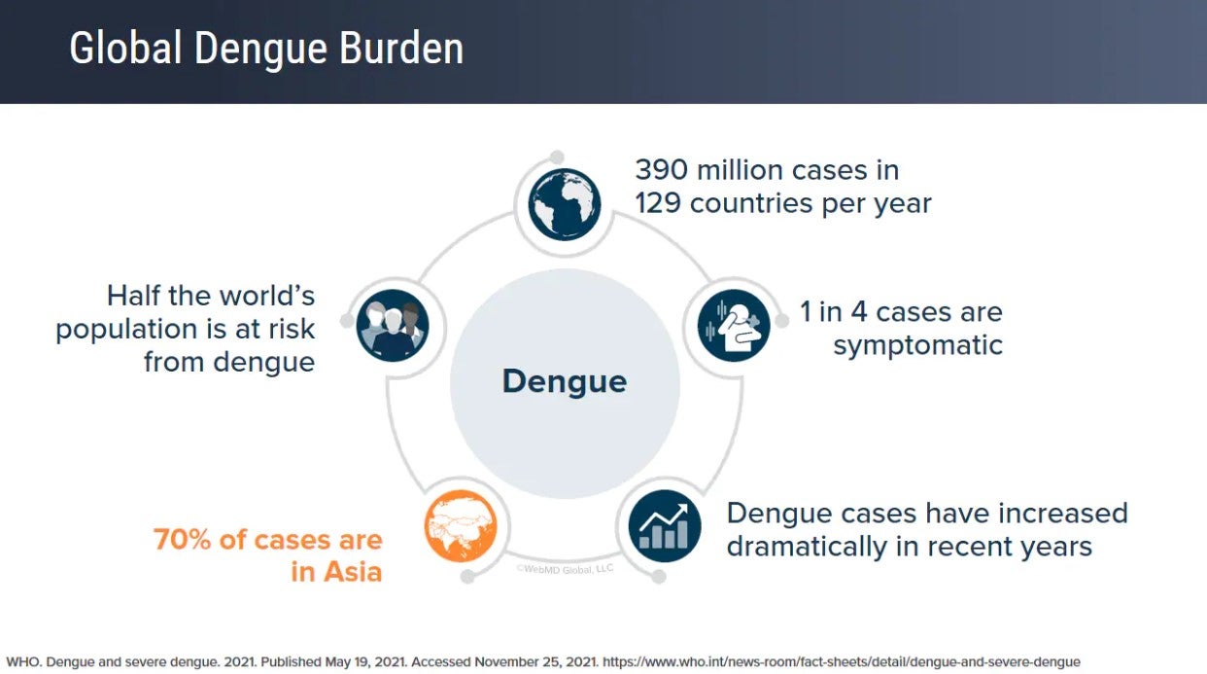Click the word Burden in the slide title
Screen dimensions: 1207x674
click(x=401, y=49)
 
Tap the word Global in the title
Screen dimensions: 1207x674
click(x=125, y=49)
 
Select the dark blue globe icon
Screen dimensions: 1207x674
click(x=565, y=204)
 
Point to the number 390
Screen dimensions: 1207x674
click(x=662, y=170)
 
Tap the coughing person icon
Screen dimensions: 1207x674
click(x=734, y=325)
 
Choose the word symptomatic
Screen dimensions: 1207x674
click(x=917, y=346)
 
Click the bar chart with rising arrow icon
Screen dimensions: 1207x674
click(x=665, y=526)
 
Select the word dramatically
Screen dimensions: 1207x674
click(x=807, y=548)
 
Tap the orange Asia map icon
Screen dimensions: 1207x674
click(x=461, y=526)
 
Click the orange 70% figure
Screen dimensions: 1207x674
click(x=182, y=539)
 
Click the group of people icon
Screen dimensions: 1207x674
click(x=393, y=325)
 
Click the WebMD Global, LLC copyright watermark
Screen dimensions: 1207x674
click(x=565, y=569)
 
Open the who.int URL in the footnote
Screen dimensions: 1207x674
click(x=842, y=662)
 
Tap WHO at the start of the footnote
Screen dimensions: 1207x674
click(x=23, y=662)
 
